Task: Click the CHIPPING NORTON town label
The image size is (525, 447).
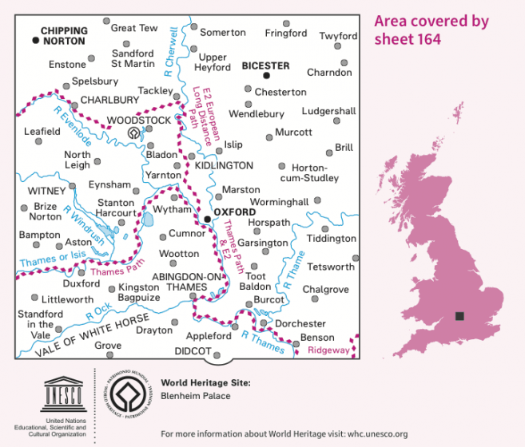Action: pyautogui.click(x=64, y=35)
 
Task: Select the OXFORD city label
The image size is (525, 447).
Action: pyautogui.click(x=235, y=212)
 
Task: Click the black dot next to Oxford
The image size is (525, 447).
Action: pyautogui.click(x=206, y=218)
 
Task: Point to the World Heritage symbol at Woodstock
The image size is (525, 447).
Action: pyautogui.click(x=133, y=133)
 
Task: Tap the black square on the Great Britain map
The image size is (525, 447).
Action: pyautogui.click(x=459, y=316)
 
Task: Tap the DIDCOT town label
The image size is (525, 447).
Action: pyautogui.click(x=192, y=351)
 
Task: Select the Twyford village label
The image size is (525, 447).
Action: pyautogui.click(x=338, y=37)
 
